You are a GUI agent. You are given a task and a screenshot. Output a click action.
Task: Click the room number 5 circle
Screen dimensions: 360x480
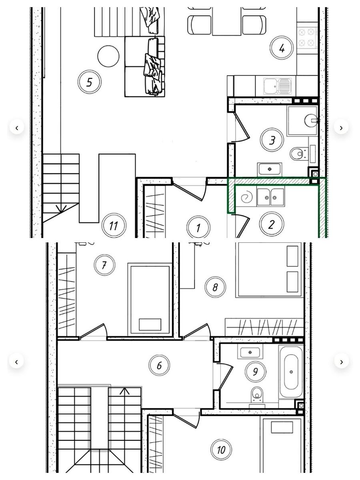pyautogui.click(x=89, y=82)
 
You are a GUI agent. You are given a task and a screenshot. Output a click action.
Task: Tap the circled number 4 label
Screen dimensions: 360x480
pyautogui.click(x=282, y=48)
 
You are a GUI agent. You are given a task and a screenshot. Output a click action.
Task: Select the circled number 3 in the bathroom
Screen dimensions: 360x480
pyautogui.click(x=272, y=140)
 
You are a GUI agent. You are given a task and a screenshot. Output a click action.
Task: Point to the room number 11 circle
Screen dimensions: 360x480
pyautogui.click(x=114, y=226)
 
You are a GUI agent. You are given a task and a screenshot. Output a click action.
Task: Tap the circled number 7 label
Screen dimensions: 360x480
pyautogui.click(x=104, y=265)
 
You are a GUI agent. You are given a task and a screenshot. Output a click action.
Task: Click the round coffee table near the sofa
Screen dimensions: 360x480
pyautogui.click(x=108, y=56)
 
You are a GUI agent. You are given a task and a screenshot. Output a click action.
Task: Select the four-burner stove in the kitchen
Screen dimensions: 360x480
pyautogui.click(x=307, y=38)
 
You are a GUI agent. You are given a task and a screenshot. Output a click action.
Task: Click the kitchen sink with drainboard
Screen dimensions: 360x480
pyautogui.click(x=278, y=86)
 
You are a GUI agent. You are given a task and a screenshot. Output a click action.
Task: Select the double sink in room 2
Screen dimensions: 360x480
pyautogui.click(x=271, y=197)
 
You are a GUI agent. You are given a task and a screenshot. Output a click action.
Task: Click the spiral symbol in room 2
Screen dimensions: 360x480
pyautogui.click(x=246, y=197)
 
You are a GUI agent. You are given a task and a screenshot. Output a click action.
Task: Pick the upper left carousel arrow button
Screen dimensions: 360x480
pyautogui.click(x=17, y=128)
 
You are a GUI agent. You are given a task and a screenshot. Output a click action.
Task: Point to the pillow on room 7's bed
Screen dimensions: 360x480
pyautogui.click(x=150, y=324)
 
